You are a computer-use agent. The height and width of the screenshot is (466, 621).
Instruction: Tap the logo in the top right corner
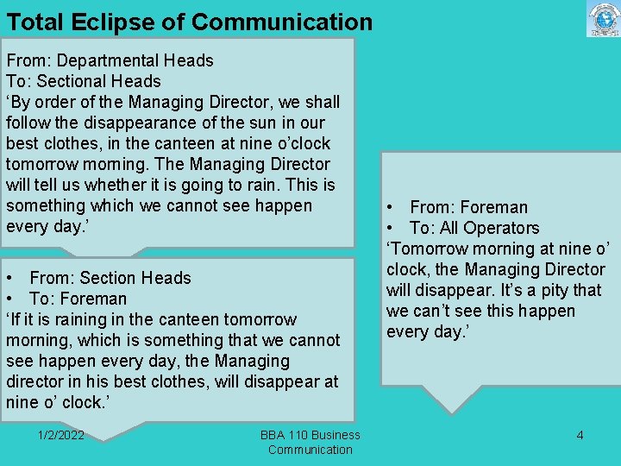[603, 19]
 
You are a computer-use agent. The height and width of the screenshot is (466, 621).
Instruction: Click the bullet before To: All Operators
[391, 228]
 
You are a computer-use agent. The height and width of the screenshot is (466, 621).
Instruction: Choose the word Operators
[501, 228]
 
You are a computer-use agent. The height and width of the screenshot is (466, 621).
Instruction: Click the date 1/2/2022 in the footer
[61, 435]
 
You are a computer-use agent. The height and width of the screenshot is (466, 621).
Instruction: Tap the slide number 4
[580, 435]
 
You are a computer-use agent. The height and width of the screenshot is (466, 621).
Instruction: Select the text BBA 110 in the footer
[284, 435]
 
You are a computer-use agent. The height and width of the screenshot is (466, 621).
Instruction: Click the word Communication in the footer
[310, 449]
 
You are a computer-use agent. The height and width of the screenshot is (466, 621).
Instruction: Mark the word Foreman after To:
[95, 299]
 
